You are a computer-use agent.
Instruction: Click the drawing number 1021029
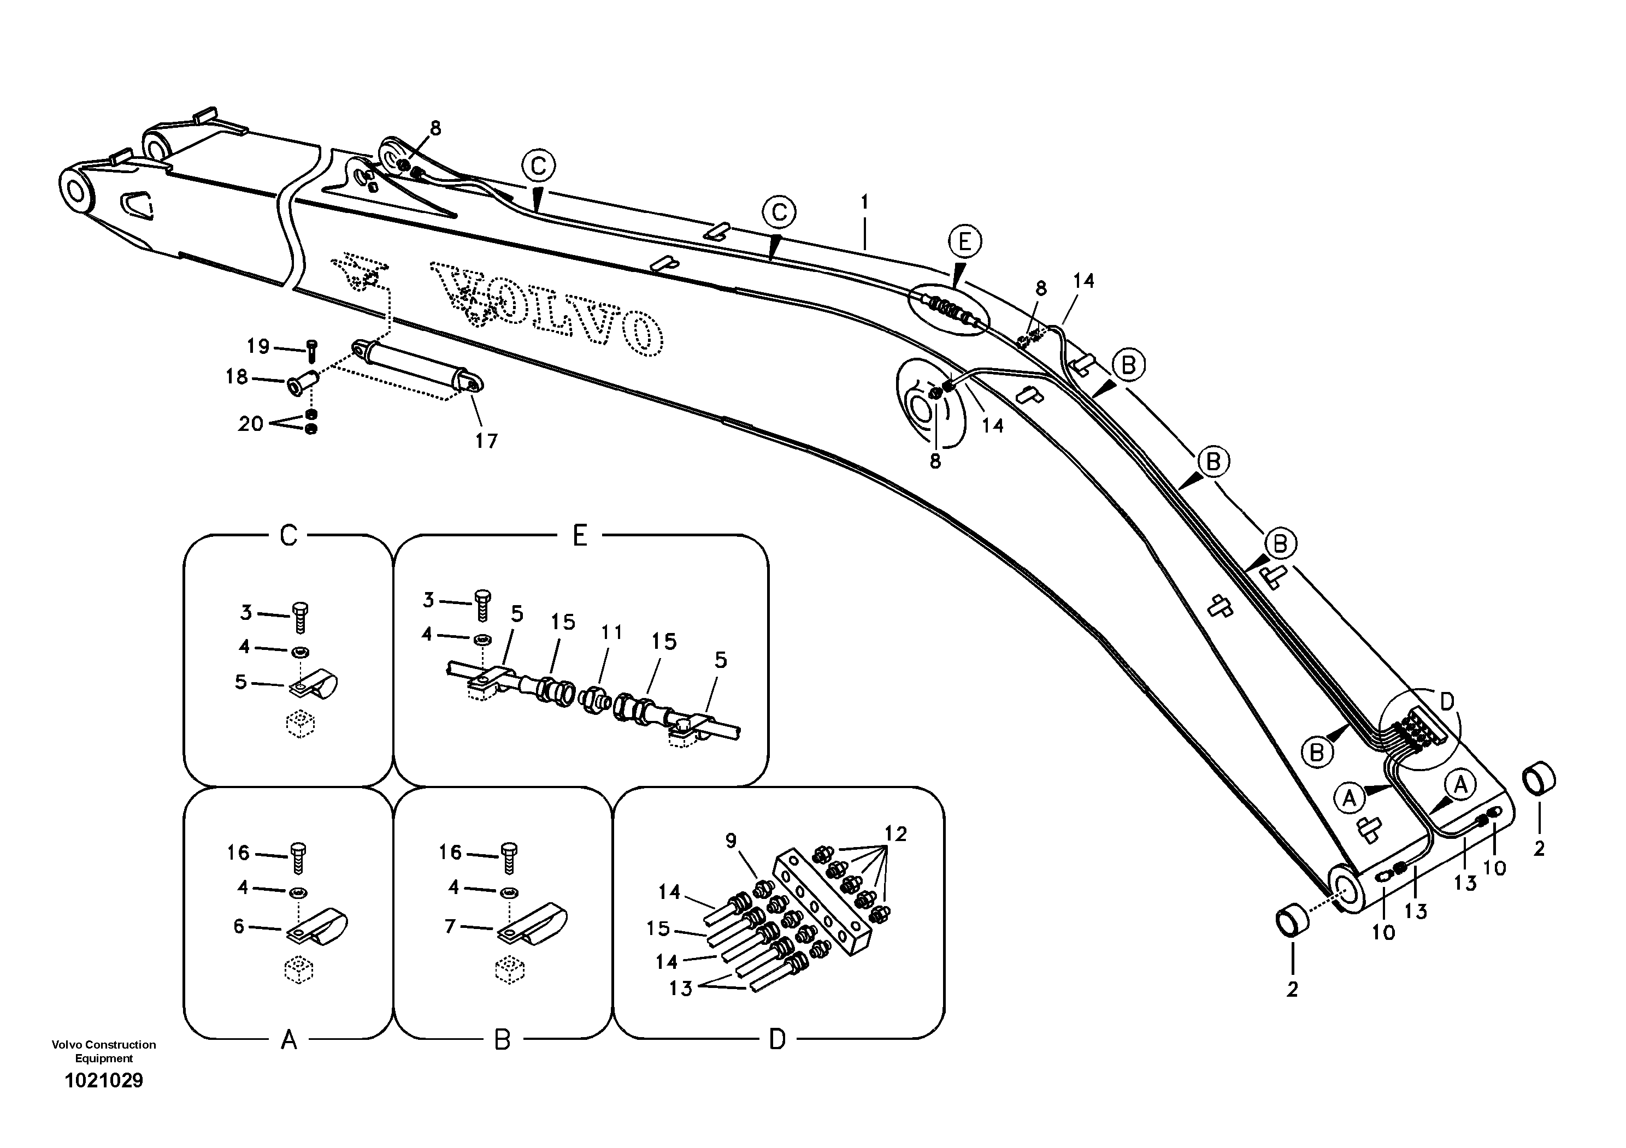(103, 1081)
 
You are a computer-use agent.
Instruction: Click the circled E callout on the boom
(964, 242)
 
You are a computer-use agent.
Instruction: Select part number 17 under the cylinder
(486, 441)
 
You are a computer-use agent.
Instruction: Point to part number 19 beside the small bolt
(258, 346)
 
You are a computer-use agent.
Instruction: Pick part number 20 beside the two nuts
(251, 423)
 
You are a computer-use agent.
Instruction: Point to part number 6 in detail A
(239, 926)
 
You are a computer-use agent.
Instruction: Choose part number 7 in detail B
(450, 926)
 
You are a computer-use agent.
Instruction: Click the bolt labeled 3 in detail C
(301, 617)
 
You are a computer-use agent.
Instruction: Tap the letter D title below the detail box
(777, 1040)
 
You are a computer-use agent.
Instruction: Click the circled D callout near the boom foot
(1447, 701)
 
